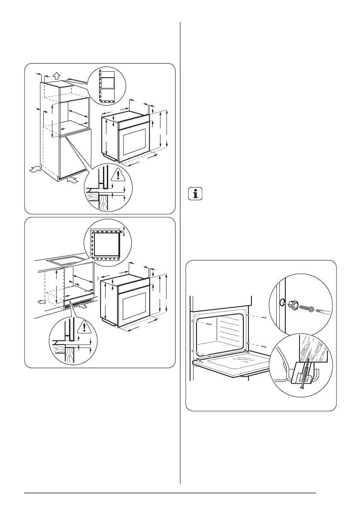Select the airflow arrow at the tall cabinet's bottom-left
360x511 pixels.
tap(35, 170)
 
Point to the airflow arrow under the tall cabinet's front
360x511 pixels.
tap(73, 179)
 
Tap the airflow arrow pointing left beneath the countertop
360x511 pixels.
tap(42, 302)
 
